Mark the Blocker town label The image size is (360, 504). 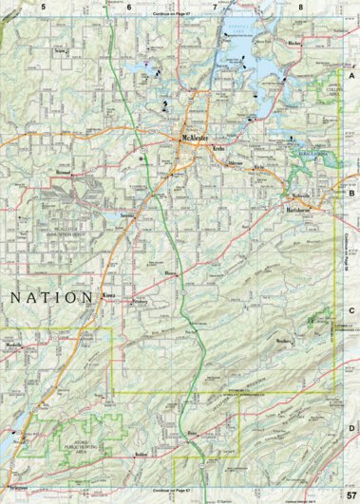(293, 44)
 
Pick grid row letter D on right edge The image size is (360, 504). (351, 402)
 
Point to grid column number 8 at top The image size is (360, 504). (300, 7)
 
